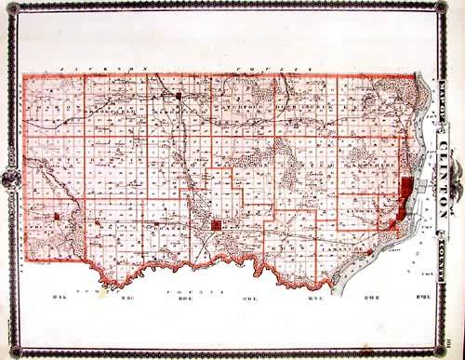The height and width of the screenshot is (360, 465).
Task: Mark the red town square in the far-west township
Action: click(56, 218)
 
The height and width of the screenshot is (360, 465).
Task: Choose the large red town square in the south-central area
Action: click(216, 226)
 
